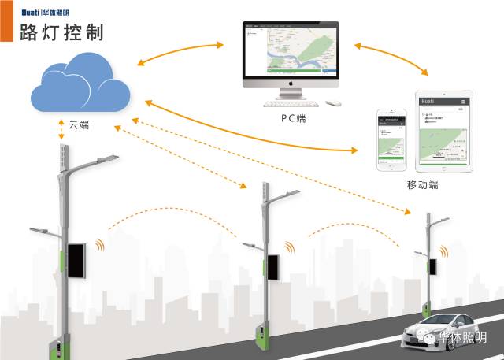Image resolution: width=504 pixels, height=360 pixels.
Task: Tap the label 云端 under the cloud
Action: point(80,125)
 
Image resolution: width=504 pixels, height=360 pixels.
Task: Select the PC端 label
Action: point(294,118)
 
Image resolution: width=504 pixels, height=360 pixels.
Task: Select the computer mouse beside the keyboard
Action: point(334,102)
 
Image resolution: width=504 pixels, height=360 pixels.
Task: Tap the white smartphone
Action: point(391,139)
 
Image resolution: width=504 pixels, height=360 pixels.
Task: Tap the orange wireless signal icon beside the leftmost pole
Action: point(99,243)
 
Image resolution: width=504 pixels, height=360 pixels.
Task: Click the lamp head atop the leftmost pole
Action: point(101,161)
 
